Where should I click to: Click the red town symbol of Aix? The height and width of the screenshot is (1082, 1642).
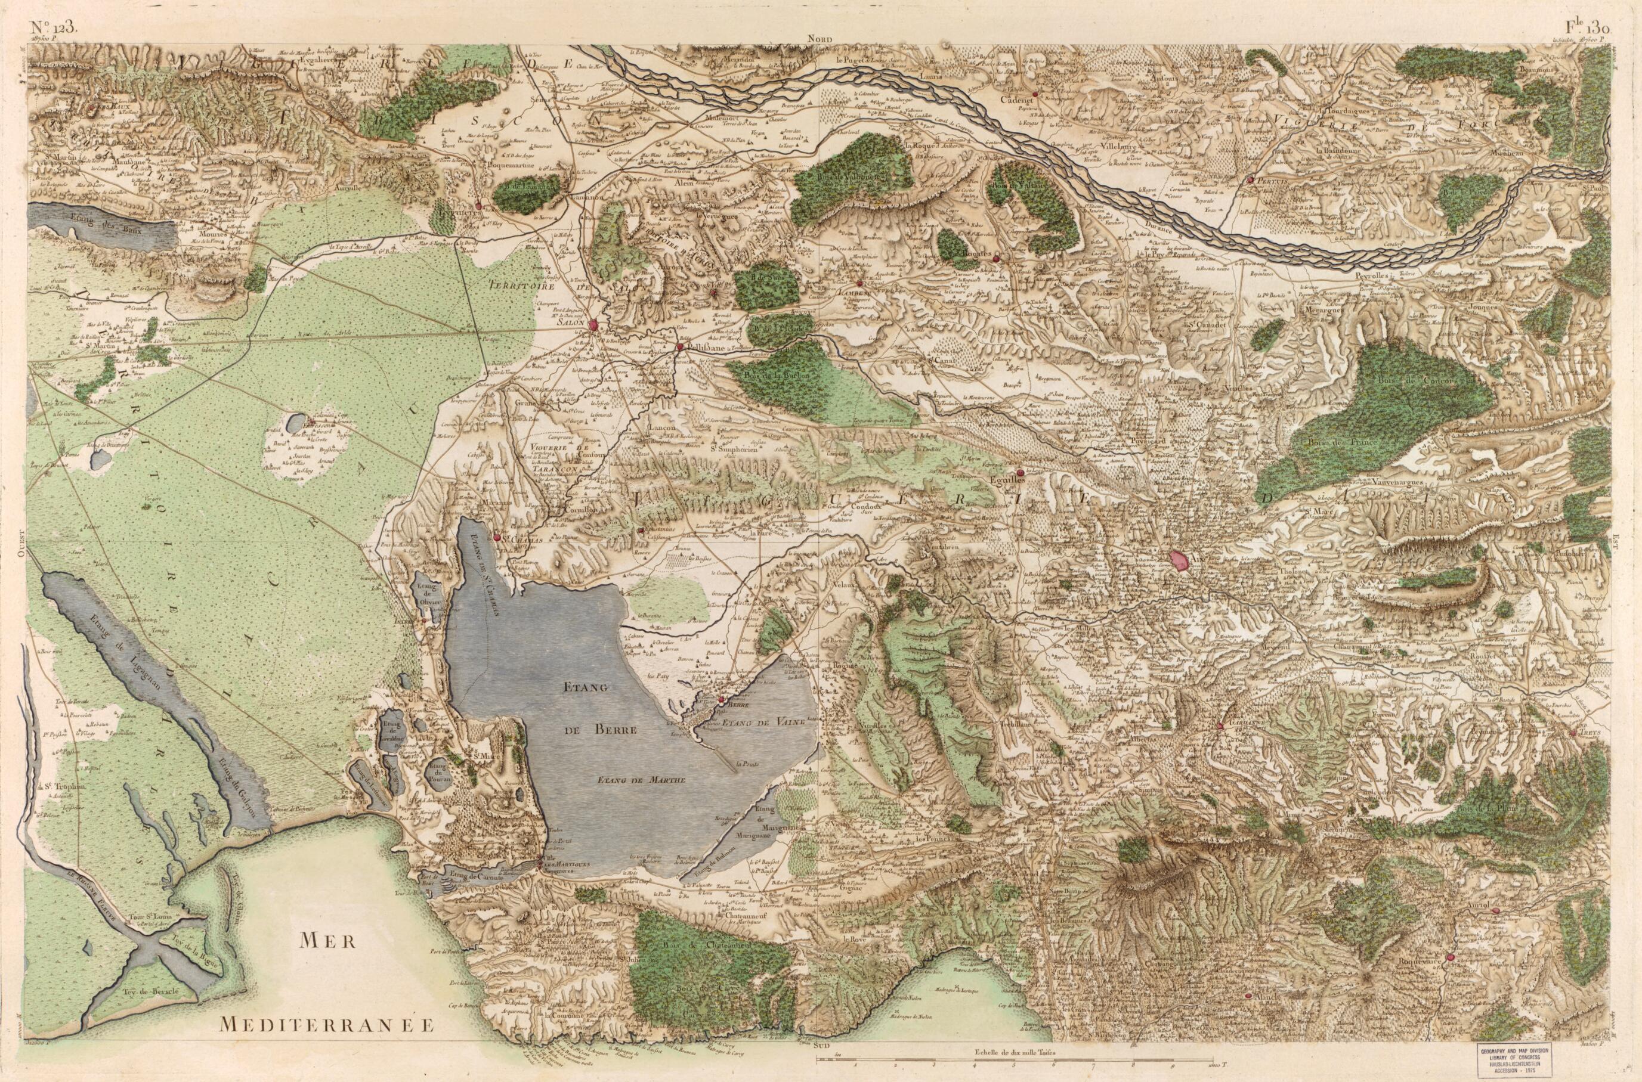click(x=1180, y=560)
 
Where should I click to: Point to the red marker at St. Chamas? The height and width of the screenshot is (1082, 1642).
click(x=497, y=536)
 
